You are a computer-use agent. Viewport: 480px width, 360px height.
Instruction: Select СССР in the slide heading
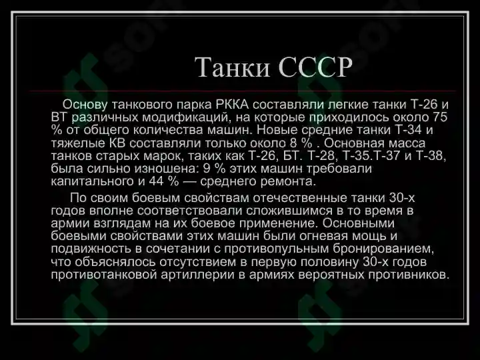[311, 67]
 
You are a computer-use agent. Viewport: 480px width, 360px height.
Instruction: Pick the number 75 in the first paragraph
[439, 117]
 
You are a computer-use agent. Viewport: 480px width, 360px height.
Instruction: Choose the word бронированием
[389, 249]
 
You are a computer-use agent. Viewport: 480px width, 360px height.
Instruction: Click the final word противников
[407, 275]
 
